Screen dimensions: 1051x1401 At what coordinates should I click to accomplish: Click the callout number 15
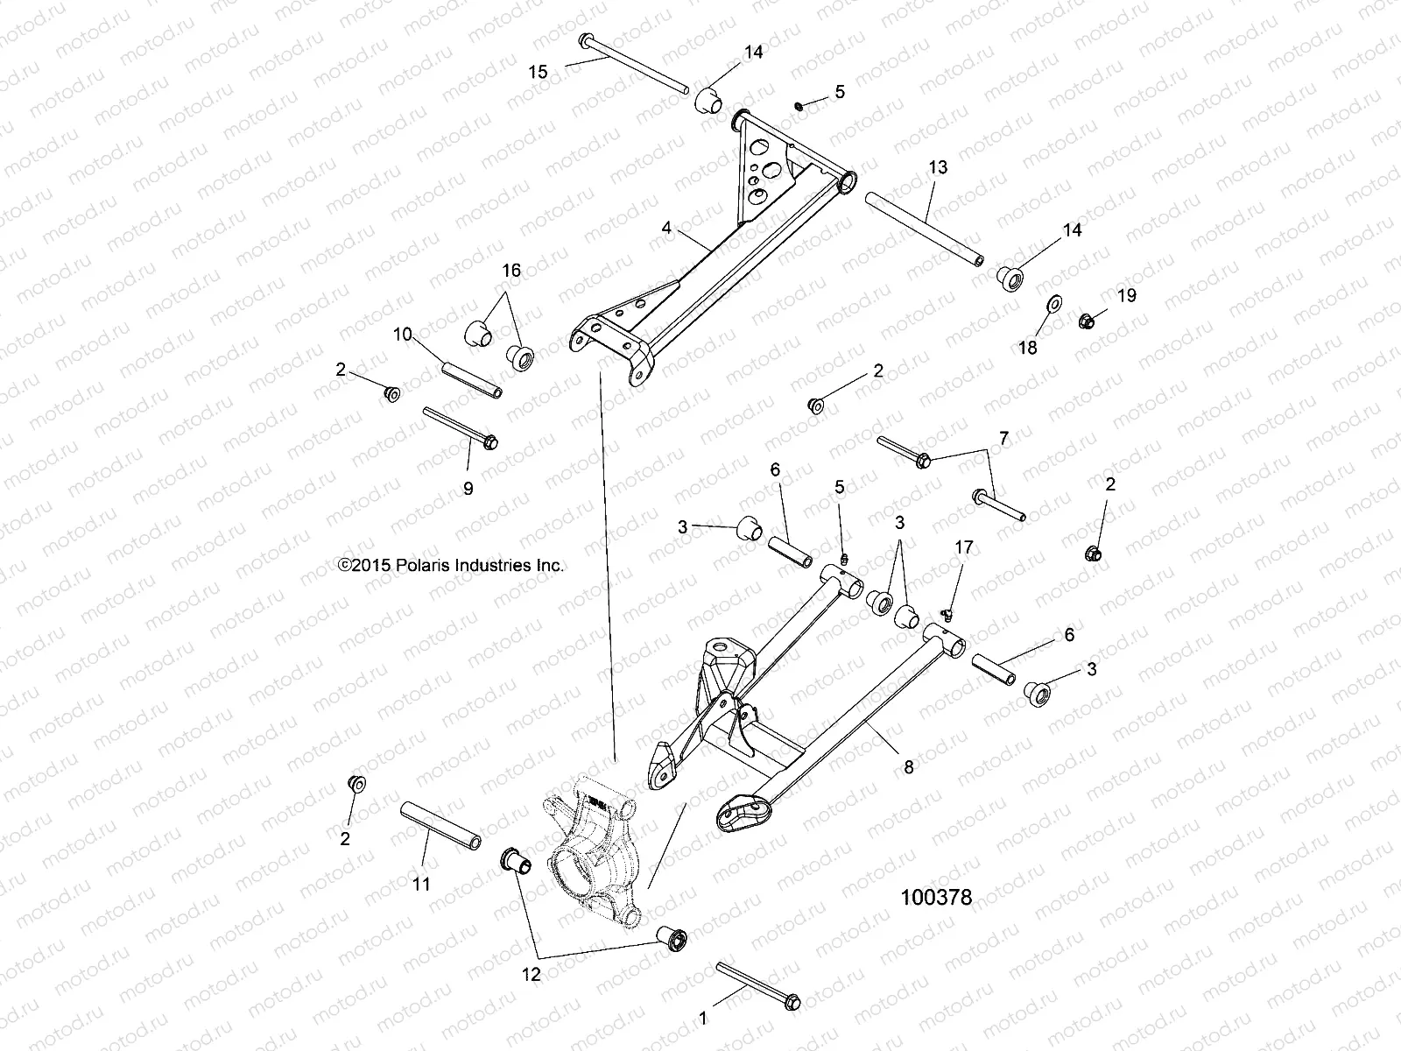click(x=539, y=72)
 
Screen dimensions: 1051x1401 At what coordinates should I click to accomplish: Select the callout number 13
click(x=938, y=167)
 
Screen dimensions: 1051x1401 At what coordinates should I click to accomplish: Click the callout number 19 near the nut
click(x=1126, y=296)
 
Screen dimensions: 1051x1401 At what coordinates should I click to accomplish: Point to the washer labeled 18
click(x=1054, y=304)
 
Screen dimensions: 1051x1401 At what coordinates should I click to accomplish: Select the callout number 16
click(x=511, y=271)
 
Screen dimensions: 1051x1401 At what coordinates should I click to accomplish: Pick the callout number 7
click(x=1003, y=438)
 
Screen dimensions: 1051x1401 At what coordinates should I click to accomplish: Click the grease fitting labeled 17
click(x=947, y=610)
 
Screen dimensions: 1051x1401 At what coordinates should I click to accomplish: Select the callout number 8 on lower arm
click(x=909, y=767)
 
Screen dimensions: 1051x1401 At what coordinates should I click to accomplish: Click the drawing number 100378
click(x=936, y=898)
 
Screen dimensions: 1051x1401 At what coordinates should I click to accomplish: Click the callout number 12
click(x=532, y=974)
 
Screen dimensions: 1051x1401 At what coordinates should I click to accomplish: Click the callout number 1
click(x=701, y=1019)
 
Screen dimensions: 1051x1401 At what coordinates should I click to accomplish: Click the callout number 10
click(x=402, y=334)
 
